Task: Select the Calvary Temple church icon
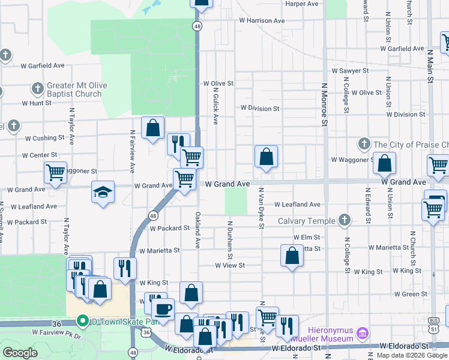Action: click(345, 221)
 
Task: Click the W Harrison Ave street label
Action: click(262, 20)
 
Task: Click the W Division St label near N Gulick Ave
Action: click(260, 109)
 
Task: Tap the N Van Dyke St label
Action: click(262, 208)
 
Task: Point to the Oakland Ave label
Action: click(197, 230)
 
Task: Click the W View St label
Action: click(231, 265)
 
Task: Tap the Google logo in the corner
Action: click(20, 352)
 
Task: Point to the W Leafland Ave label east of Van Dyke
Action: click(297, 205)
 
